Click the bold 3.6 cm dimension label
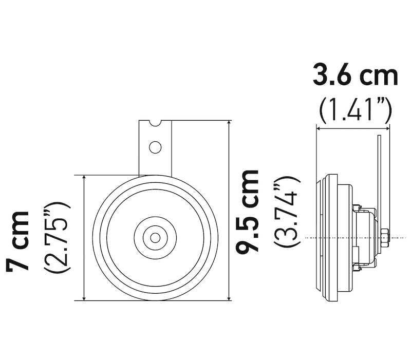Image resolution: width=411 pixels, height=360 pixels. pyautogui.click(x=356, y=76)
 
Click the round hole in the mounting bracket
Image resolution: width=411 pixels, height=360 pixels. pyautogui.click(x=155, y=147)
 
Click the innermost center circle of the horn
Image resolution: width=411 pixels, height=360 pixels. pyautogui.click(x=155, y=237)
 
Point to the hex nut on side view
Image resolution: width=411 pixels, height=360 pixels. pyautogui.click(x=385, y=237)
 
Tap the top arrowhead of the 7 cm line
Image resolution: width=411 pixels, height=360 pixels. pyautogui.click(x=84, y=178)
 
